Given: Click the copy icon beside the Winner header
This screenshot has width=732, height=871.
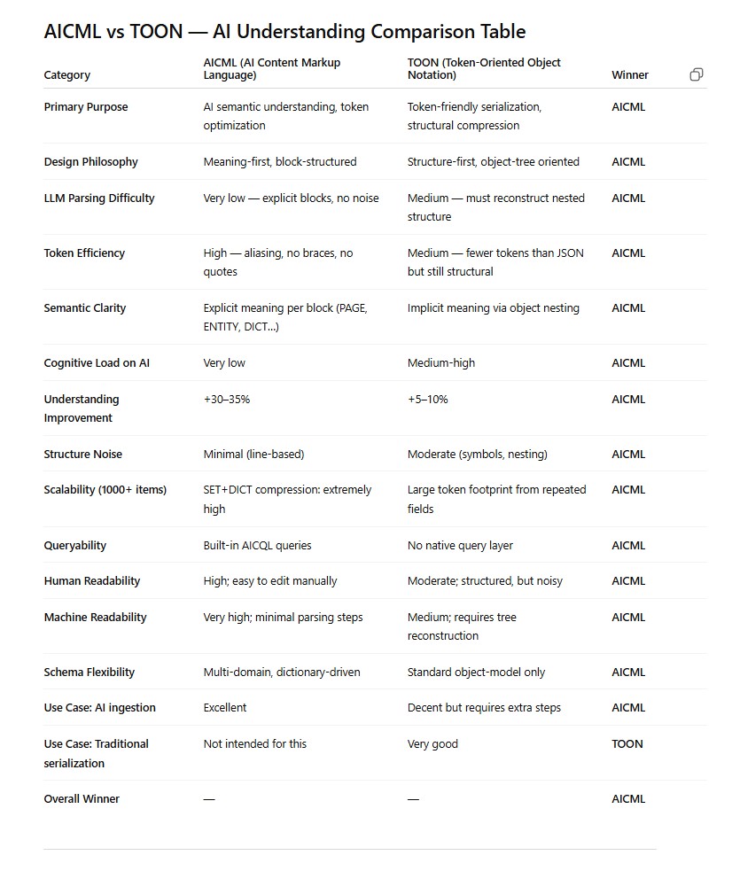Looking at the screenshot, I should [x=696, y=74].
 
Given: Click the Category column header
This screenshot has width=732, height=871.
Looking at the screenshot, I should [x=67, y=75].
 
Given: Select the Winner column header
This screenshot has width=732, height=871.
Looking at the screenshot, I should [x=630, y=75].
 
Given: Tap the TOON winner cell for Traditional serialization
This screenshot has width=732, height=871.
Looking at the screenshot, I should [x=627, y=744].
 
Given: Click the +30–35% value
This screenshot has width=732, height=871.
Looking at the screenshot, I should [x=227, y=400].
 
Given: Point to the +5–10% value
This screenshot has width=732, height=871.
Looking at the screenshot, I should [x=428, y=400].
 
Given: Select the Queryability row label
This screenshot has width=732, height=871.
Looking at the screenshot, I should [x=77, y=546].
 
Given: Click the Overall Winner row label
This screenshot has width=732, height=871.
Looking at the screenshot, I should [x=82, y=799].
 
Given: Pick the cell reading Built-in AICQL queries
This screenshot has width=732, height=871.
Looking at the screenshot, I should [x=257, y=546].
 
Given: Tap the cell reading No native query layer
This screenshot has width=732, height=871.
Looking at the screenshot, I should [x=460, y=546].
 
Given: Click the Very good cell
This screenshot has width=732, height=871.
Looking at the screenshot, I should [x=432, y=744].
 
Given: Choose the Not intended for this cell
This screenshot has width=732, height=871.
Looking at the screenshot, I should [x=254, y=744].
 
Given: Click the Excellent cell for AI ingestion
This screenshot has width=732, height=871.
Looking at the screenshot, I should [x=225, y=708].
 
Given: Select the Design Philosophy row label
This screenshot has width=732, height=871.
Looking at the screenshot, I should [x=91, y=162].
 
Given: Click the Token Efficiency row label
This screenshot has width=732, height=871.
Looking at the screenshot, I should [x=84, y=253].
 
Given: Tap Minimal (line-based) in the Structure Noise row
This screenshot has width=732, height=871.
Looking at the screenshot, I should [x=253, y=455].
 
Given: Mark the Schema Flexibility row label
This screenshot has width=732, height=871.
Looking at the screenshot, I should [x=90, y=673].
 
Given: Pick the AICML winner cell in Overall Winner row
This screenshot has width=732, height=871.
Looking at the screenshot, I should [x=628, y=799].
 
